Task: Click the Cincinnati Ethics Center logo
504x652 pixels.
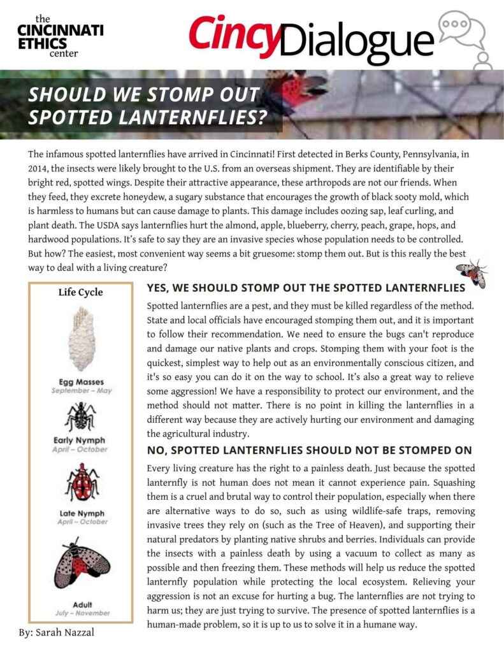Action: coord(60,36)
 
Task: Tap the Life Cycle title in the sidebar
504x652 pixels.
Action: coord(80,292)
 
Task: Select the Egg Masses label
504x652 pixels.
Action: coord(81,382)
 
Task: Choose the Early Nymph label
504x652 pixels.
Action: coord(80,440)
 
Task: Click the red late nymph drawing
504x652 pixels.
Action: coord(80,482)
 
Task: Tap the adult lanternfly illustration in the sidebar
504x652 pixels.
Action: coord(80,564)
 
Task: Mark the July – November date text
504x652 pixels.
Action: coord(80,613)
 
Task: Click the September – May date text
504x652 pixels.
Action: coord(81,390)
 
